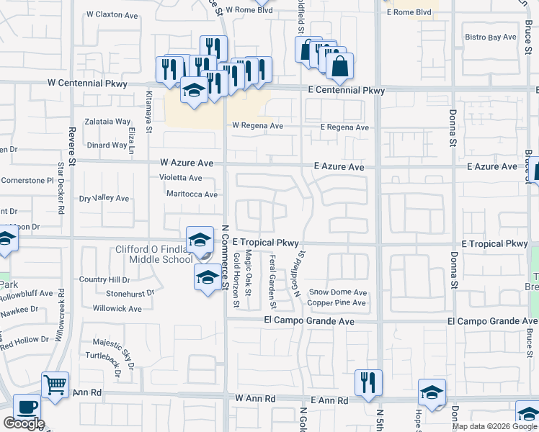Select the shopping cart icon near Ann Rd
55,384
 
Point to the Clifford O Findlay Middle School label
154,255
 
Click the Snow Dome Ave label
338,292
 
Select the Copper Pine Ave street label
337,303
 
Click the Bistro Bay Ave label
491,37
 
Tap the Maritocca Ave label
192,194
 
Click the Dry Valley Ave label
104,198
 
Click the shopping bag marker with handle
339,66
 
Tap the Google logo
24,423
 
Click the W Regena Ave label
257,126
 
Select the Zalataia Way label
107,122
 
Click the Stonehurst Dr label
130,294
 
